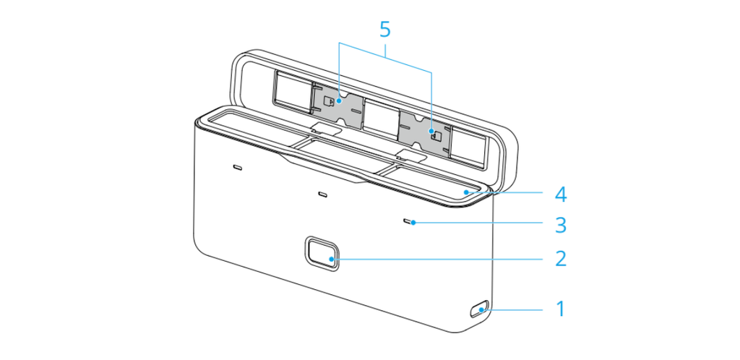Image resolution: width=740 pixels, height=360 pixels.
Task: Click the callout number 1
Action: [x=560, y=309]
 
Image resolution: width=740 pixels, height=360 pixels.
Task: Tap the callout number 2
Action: [x=560, y=259]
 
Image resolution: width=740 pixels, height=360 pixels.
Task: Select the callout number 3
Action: [x=560, y=225]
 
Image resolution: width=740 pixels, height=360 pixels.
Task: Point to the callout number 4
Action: [x=560, y=194]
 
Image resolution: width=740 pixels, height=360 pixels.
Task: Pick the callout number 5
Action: [x=385, y=29]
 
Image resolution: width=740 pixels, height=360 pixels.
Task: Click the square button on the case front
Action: [x=321, y=253]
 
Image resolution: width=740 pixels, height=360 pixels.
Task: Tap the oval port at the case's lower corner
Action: [x=478, y=310]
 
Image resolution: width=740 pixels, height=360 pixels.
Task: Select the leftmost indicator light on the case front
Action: [x=238, y=167]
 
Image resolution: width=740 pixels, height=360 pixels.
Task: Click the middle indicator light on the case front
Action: [x=323, y=194]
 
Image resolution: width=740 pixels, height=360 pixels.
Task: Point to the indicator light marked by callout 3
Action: [x=409, y=220]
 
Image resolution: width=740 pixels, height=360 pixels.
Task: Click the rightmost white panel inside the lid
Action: [x=468, y=146]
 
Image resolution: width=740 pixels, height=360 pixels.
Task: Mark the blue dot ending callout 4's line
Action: [x=466, y=192]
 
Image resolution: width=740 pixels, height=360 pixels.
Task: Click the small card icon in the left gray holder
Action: [x=330, y=100]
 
